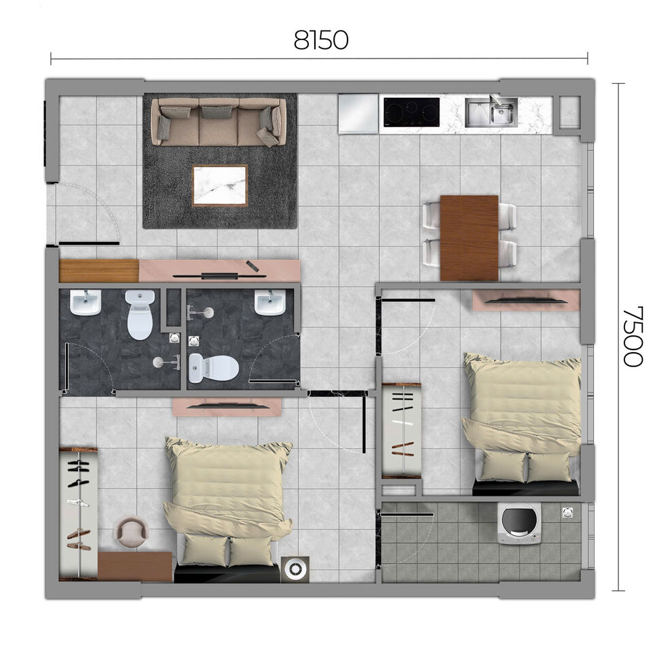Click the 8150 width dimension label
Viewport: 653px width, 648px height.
(320, 40)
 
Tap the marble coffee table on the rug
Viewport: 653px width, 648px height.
(220, 185)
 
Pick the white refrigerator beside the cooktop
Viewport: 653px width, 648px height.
(358, 113)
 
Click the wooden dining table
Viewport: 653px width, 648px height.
(469, 237)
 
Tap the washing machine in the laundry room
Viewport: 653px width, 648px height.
(519, 524)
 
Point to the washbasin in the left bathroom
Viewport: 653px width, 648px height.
(85, 303)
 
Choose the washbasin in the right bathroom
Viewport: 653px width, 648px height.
(270, 303)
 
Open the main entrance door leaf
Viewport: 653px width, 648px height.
(88, 243)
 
